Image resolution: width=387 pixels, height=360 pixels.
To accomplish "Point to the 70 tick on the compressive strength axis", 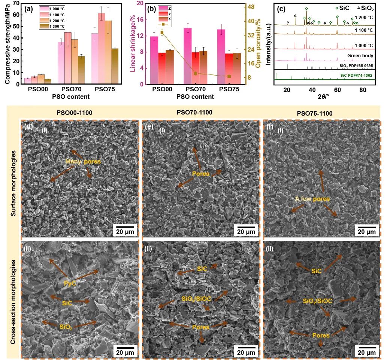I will (x=18, y=3).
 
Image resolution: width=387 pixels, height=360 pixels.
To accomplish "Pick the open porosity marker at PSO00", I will (x=162, y=33).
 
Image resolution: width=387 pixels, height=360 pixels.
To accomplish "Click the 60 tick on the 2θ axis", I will (x=338, y=90).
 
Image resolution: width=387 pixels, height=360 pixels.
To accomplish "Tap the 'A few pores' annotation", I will (x=312, y=199).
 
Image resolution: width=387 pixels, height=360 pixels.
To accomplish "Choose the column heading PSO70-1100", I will (x=195, y=112).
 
